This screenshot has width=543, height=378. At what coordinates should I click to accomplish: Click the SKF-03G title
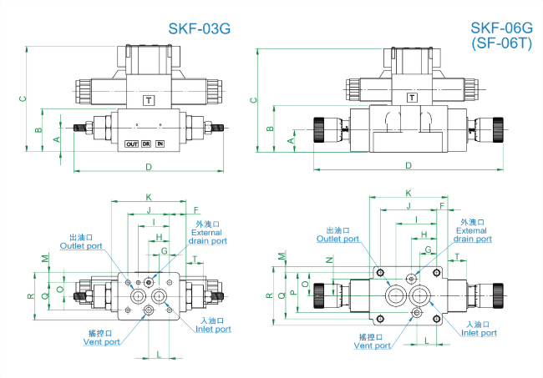[x=199, y=28]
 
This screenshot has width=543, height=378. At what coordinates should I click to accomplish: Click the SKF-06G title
[x=500, y=28]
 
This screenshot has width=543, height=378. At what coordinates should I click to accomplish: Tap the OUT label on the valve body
[x=131, y=144]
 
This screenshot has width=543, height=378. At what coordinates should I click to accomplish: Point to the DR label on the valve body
[x=146, y=144]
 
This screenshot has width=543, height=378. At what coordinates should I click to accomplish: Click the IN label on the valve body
[x=160, y=144]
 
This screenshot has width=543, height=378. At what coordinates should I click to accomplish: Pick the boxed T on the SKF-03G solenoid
[x=149, y=100]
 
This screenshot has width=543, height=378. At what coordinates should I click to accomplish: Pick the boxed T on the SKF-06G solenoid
[x=412, y=97]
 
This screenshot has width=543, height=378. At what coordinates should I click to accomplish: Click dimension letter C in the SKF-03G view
[x=23, y=99]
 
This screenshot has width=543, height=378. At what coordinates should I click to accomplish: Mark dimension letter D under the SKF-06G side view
[x=409, y=165]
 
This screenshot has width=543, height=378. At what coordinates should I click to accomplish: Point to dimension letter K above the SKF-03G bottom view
[x=148, y=197]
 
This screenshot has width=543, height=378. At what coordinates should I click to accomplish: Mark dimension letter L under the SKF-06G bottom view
[x=427, y=340]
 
